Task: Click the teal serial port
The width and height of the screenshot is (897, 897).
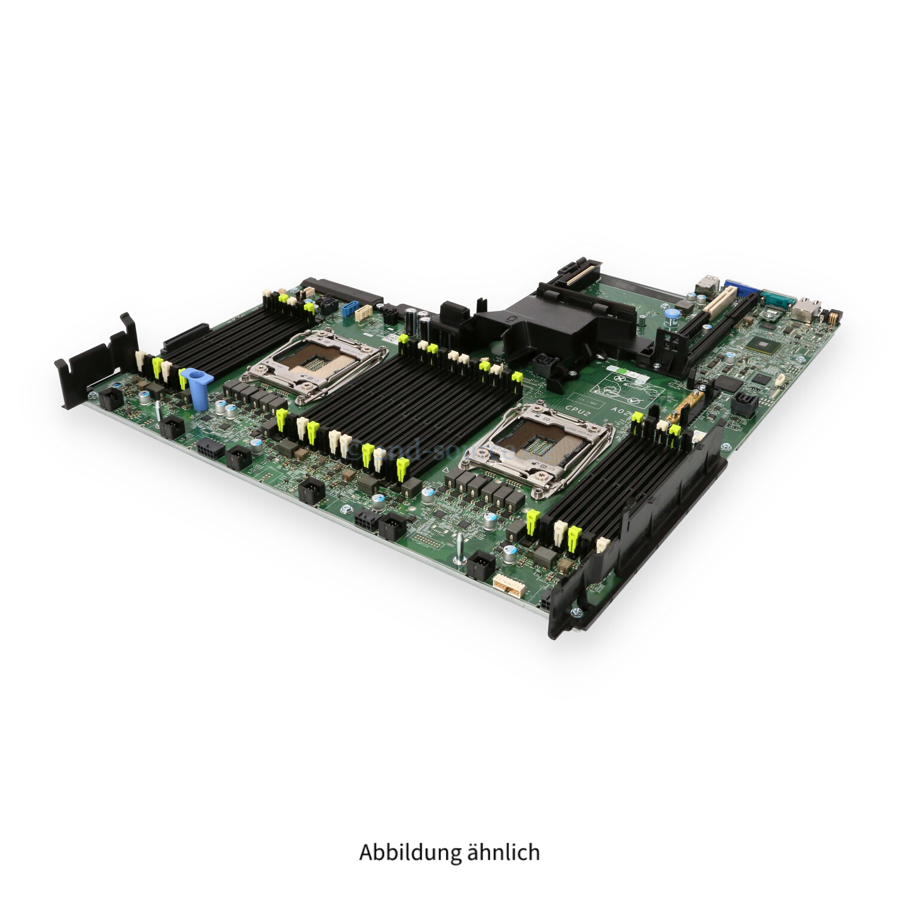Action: click(x=777, y=298)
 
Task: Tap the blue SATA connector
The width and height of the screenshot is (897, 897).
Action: click(x=350, y=311)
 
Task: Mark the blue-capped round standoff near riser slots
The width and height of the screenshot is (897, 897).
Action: click(x=671, y=313)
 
